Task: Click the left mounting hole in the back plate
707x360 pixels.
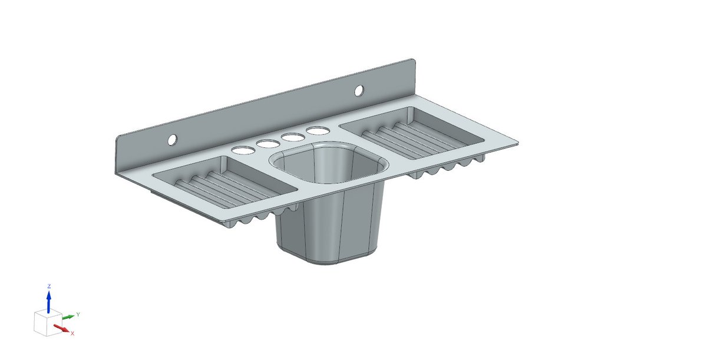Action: (x=172, y=140)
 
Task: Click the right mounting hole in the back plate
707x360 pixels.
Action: (x=358, y=90)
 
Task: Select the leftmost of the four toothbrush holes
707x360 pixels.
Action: (x=240, y=150)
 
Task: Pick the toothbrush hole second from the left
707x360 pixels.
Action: (x=267, y=143)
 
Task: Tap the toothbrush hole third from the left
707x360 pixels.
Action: (x=292, y=137)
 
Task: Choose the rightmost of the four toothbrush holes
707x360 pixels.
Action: (x=317, y=130)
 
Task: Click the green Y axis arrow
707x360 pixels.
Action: (x=68, y=317)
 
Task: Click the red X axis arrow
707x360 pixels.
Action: (x=61, y=328)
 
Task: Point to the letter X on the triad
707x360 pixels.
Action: (x=72, y=333)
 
